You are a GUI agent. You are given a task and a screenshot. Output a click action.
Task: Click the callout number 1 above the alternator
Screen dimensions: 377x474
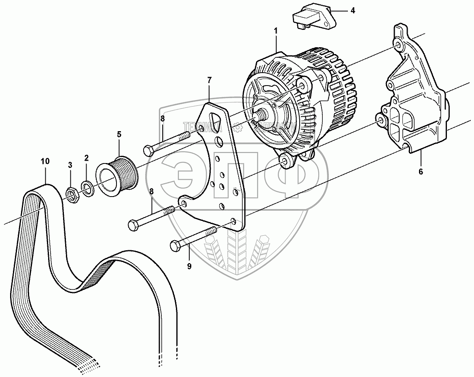pyautogui.click(x=276, y=30)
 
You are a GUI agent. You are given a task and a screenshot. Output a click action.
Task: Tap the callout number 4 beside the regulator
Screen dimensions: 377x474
pyautogui.click(x=353, y=10)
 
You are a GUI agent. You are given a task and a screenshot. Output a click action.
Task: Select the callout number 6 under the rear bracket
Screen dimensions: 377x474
pyautogui.click(x=421, y=172)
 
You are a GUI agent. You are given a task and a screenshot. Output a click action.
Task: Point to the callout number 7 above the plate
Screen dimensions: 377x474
pyautogui.click(x=209, y=80)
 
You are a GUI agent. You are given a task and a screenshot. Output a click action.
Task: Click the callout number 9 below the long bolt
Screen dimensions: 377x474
pyautogui.click(x=189, y=266)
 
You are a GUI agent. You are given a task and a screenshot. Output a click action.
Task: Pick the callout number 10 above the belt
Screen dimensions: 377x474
pyautogui.click(x=45, y=161)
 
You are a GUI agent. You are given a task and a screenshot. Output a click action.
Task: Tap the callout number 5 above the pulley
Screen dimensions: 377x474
pyautogui.click(x=119, y=134)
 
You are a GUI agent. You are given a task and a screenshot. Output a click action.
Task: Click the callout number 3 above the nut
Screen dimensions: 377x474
pyautogui.click(x=70, y=165)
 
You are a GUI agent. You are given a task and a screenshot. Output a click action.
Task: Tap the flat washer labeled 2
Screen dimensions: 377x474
pyautogui.click(x=87, y=187)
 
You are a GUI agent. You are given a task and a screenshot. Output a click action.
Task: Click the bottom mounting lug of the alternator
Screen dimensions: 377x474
pyautogui.click(x=287, y=161)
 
